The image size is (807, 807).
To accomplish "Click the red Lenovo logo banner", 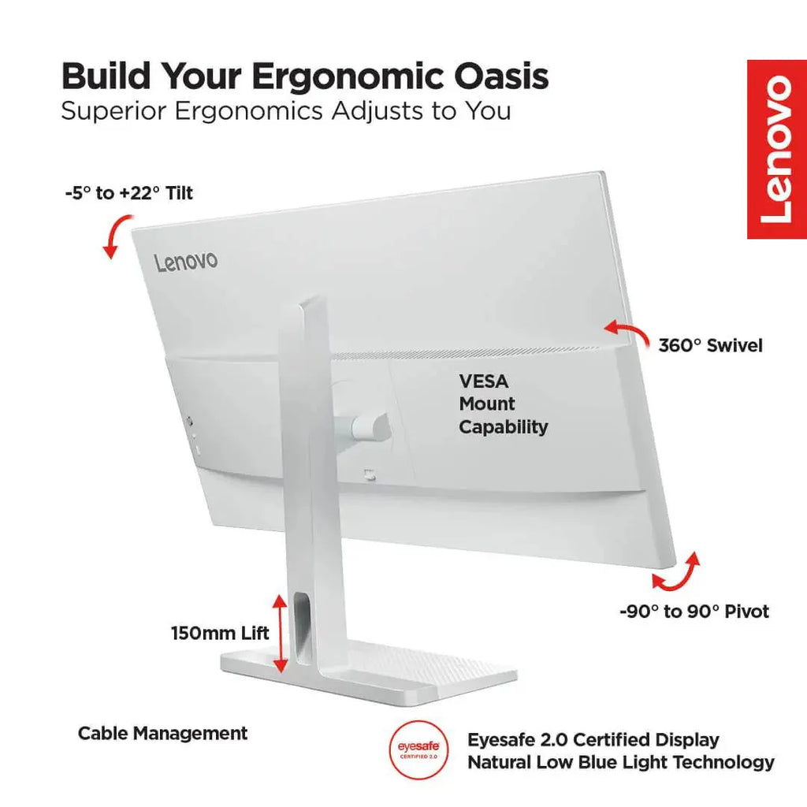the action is (x=776, y=149).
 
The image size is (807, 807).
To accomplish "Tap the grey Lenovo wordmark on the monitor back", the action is (x=186, y=262).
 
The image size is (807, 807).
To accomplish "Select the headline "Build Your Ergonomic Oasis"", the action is (x=305, y=76).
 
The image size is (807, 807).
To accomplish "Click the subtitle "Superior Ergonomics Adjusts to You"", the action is (x=285, y=111).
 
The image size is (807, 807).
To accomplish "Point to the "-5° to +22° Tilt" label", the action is (x=128, y=193).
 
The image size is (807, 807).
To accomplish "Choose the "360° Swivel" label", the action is (x=710, y=345).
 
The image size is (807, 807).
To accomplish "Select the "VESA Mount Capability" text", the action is (x=504, y=404).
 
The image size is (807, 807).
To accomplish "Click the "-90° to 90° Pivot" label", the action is (x=694, y=612).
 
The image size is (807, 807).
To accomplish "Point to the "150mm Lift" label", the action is (x=220, y=633).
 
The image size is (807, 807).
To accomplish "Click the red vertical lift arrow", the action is (x=280, y=633).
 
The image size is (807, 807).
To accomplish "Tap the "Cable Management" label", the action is (x=162, y=733).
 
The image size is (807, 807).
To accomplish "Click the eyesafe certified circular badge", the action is (x=418, y=749).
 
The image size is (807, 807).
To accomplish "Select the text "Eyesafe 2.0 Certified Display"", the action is (x=593, y=739).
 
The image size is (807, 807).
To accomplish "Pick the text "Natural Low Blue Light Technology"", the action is (x=621, y=762).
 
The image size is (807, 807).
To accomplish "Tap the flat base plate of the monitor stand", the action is (x=369, y=671).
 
